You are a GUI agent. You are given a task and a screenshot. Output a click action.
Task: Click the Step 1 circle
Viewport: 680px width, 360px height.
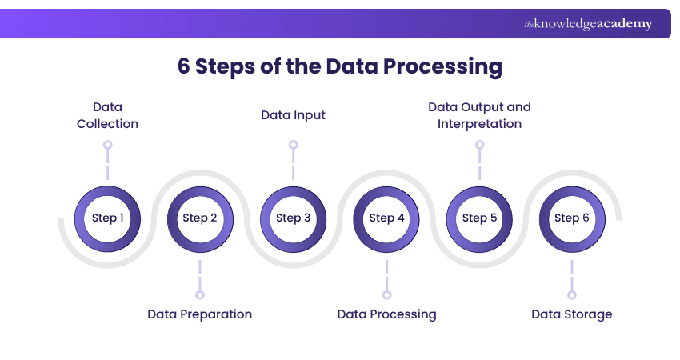pyautogui.click(x=107, y=218)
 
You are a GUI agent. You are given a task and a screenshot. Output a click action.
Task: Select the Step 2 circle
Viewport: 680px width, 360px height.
pyautogui.click(x=200, y=218)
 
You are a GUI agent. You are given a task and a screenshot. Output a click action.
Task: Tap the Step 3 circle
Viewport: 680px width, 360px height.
pyautogui.click(x=294, y=218)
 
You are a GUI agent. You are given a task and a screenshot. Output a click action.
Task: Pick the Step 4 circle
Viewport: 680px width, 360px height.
pyautogui.click(x=386, y=218)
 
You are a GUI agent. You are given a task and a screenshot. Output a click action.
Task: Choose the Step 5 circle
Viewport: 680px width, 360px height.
pyautogui.click(x=479, y=218)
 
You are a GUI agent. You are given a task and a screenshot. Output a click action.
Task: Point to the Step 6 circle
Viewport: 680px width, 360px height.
pyautogui.click(x=572, y=218)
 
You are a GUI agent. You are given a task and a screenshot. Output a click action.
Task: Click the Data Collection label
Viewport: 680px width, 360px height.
pyautogui.click(x=107, y=115)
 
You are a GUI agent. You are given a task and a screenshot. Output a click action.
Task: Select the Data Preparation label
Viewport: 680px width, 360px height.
pyautogui.click(x=200, y=314)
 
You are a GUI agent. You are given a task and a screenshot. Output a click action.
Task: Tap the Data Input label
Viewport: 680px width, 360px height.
pyautogui.click(x=294, y=115)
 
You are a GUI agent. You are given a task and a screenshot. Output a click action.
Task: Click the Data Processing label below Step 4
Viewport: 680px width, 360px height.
pyautogui.click(x=386, y=314)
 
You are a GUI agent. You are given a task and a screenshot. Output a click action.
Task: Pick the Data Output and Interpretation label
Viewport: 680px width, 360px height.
pyautogui.click(x=479, y=115)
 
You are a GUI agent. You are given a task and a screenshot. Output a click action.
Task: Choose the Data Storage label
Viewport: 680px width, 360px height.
pyautogui.click(x=572, y=314)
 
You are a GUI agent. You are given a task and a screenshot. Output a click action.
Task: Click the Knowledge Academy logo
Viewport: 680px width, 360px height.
pyautogui.click(x=588, y=24)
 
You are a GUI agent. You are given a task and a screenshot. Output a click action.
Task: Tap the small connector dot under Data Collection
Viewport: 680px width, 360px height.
pyautogui.click(x=107, y=146)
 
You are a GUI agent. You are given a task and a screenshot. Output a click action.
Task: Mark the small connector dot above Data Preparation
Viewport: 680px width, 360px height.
pyautogui.click(x=200, y=294)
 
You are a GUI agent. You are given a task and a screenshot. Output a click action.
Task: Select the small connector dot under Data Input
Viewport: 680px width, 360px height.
pyautogui.click(x=294, y=146)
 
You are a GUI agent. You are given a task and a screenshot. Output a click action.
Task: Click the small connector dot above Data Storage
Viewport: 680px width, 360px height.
pyautogui.click(x=572, y=294)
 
